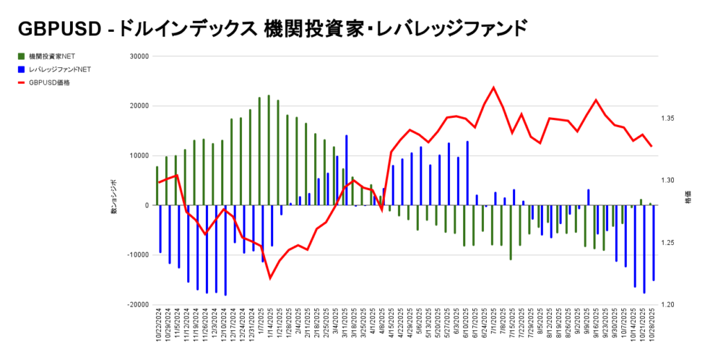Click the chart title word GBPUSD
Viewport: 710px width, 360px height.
(58, 29)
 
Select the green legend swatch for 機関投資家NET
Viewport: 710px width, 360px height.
(21, 55)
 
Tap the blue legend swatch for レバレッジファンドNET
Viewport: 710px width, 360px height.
(21, 69)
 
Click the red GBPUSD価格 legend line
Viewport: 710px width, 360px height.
(21, 82)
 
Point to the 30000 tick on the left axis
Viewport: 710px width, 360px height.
(140, 56)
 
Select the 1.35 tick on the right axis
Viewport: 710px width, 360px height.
(668, 119)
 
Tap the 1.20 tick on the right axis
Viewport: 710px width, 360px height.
(668, 305)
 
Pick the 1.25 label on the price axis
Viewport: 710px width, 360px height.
(668, 243)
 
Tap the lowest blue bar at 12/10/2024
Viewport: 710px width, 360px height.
(225, 250)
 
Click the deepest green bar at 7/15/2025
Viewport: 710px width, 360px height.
(510, 232)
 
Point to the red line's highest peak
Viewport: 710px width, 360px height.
(493, 87)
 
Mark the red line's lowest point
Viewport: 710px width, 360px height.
(270, 279)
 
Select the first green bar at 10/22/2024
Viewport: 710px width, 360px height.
(157, 186)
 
